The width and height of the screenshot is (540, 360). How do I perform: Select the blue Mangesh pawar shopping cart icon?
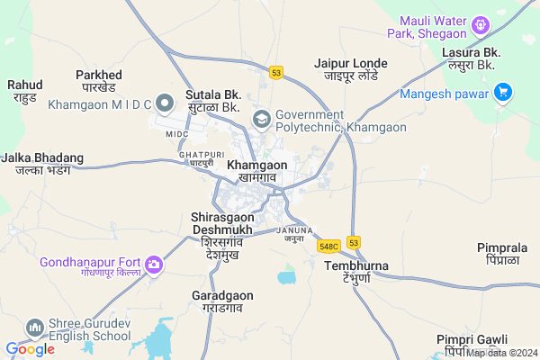coord(502,91)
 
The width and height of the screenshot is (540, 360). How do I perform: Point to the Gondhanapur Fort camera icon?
coord(155,264)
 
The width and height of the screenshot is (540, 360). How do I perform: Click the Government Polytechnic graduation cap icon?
coord(262,119)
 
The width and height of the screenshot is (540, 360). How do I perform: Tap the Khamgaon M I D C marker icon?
coord(165,101)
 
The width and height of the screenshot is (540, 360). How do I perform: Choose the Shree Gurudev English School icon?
coord(35,326)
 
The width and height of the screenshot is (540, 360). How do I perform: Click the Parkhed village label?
coord(100,80)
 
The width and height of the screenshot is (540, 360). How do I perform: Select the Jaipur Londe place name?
coord(350,69)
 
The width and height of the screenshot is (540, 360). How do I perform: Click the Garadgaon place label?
coord(223,301)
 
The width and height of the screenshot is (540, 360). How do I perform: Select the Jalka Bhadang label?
coord(42,163)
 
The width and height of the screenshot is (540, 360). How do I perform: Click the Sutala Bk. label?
coord(212,100)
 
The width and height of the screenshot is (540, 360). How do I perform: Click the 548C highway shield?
coord(328,246)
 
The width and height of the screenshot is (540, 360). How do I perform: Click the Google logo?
coord(30,349)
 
